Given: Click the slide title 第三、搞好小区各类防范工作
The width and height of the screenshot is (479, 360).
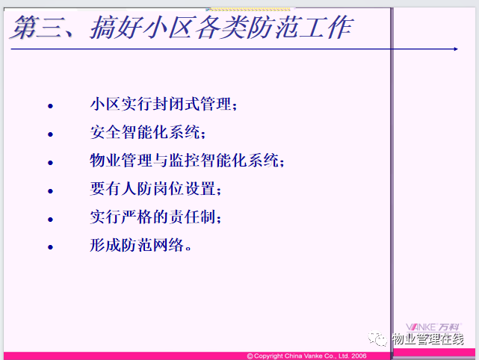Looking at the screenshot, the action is (x=182, y=28).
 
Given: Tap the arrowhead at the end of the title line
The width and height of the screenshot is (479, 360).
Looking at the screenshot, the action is (x=456, y=49).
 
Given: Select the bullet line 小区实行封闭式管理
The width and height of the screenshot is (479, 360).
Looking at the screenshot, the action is (x=164, y=104).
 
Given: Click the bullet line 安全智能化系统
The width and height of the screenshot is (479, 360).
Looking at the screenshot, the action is (x=147, y=132).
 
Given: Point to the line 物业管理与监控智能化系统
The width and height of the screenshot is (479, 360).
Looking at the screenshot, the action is (x=187, y=161).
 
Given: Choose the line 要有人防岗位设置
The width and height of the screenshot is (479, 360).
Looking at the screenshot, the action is (x=155, y=188).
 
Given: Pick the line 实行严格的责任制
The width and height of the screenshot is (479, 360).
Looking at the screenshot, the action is (x=155, y=217).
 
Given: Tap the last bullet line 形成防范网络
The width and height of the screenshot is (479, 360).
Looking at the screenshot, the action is (x=140, y=245).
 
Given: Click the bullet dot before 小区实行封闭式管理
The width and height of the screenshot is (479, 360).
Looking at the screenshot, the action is (x=50, y=106).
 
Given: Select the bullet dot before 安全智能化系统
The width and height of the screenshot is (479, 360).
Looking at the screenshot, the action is (x=50, y=134).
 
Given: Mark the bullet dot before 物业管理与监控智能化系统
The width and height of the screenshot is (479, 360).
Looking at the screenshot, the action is (x=50, y=163).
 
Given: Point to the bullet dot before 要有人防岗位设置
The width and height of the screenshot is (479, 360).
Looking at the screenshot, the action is (x=50, y=191).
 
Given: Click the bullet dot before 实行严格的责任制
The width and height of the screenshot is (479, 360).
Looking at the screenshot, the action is (x=50, y=220).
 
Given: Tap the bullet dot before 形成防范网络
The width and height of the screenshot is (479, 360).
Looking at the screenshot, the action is (x=50, y=247).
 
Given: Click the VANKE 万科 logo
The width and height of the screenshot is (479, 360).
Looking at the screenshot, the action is (x=433, y=327).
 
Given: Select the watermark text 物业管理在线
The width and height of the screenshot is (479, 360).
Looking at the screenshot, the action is (x=428, y=339).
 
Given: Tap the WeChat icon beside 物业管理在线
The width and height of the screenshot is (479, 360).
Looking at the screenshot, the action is (x=377, y=338).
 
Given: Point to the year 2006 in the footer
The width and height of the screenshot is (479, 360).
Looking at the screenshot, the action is (x=359, y=356).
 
